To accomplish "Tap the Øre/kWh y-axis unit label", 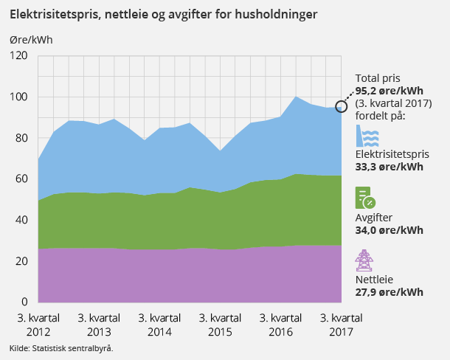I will tap(32, 39).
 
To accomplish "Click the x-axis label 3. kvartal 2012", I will tap(38, 325).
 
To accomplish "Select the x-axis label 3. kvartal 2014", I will tap(159, 325).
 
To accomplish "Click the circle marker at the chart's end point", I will tap(342, 106).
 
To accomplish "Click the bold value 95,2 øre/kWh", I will tap(390, 91).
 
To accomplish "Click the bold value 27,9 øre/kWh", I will tap(390, 292).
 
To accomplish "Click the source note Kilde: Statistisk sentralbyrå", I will tap(61, 347).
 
